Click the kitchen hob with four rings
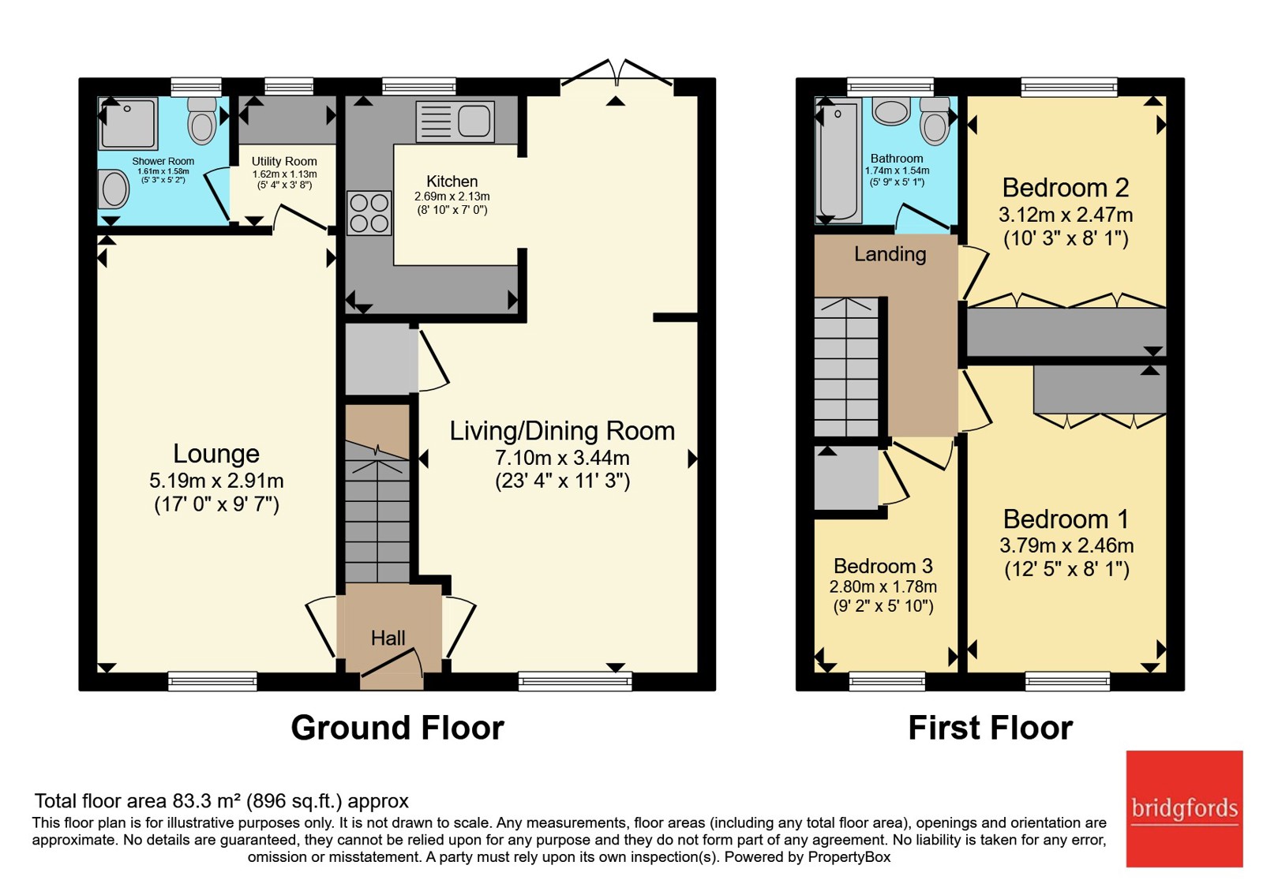click(369, 212)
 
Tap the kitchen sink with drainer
click(455, 122)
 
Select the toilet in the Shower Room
click(201, 120)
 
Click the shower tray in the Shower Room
click(128, 124)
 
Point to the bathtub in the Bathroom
click(838, 161)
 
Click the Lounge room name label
click(216, 453)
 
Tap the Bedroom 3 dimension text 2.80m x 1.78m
click(883, 587)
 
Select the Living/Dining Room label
click(562, 431)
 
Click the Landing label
click(890, 254)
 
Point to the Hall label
click(388, 639)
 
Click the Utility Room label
click(284, 162)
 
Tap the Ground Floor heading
click(398, 728)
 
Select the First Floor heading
click(991, 728)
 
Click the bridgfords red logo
click(1185, 809)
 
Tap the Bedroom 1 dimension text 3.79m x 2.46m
click(1066, 545)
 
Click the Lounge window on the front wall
click(212, 681)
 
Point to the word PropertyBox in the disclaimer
click(849, 857)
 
